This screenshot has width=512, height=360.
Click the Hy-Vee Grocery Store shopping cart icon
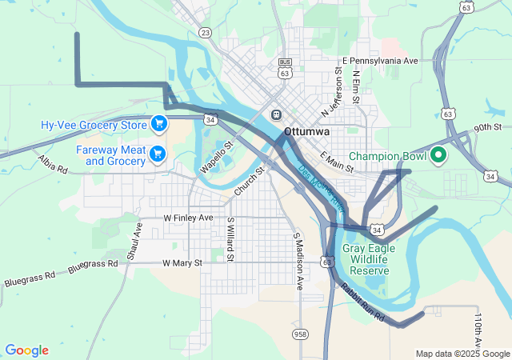tap(158, 124)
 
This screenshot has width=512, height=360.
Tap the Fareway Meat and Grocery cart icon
tap(158, 153)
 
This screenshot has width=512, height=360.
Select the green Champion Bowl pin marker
tap(438, 155)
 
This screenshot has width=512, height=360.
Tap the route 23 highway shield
tap(206, 32)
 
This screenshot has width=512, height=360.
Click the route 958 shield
tap(300, 334)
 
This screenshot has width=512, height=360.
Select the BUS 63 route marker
tap(285, 67)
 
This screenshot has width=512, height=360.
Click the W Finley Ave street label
tap(188, 218)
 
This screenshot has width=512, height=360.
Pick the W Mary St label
tap(182, 262)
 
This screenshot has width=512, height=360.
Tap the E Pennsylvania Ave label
tap(380, 61)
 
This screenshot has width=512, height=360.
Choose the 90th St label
tap(486, 127)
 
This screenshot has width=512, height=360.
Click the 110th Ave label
tap(478, 329)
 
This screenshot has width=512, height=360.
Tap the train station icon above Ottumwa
tap(276, 114)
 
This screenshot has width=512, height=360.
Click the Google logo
tap(26, 350)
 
